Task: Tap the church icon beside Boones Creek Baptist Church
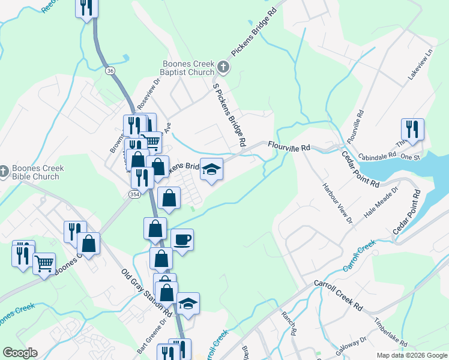(x=223, y=66)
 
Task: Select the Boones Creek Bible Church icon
(x=4, y=172)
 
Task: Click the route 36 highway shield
(x=110, y=71)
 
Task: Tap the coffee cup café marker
(x=182, y=239)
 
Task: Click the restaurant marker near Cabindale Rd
(x=412, y=129)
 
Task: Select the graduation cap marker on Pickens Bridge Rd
(x=211, y=169)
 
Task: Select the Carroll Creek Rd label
(x=339, y=295)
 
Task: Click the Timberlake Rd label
(x=390, y=333)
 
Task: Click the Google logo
(x=20, y=353)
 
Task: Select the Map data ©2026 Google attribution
(x=412, y=355)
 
